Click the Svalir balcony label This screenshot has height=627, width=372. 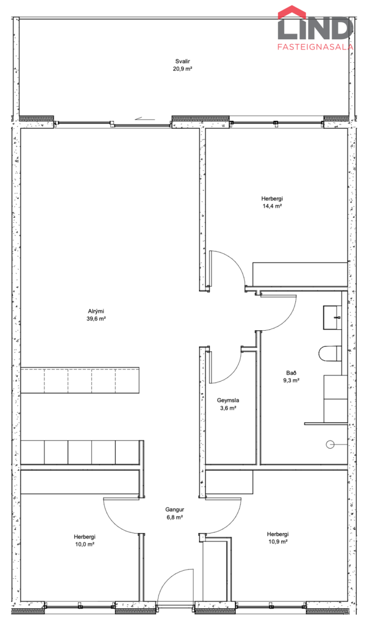(x=183, y=61)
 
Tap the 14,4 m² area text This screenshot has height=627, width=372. (x=272, y=206)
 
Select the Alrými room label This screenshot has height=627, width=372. (x=96, y=311)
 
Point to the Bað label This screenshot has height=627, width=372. (x=291, y=373)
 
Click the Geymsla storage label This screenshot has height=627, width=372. (x=228, y=401)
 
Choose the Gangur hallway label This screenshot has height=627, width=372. (x=175, y=510)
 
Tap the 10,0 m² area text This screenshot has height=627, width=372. (x=85, y=544)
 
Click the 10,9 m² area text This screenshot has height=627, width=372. (x=278, y=541)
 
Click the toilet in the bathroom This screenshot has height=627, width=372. (x=330, y=354)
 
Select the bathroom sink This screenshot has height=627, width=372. (x=332, y=318)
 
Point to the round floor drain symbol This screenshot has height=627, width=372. (x=330, y=444)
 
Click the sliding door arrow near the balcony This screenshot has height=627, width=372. (x=145, y=119)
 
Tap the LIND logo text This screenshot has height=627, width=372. (x=315, y=28)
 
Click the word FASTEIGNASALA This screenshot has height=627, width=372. (x=315, y=47)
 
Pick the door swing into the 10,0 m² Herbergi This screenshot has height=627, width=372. (x=114, y=524)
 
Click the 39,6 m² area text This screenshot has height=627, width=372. (x=96, y=319)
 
